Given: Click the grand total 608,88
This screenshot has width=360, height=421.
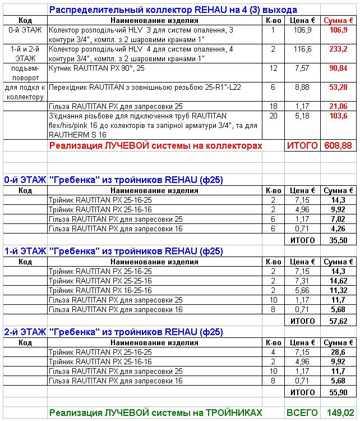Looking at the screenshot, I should point(338,145).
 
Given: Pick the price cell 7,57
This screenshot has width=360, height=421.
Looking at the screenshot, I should point(301,68).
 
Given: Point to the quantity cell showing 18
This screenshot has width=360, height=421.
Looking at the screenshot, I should point(273,106).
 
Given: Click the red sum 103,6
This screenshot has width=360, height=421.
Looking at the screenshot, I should point(338,116).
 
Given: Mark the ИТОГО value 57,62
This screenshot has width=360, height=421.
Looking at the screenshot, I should point(338,321).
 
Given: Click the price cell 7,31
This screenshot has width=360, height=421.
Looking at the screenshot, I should point(301,280).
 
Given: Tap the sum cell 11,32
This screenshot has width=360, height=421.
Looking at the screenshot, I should point(338,290).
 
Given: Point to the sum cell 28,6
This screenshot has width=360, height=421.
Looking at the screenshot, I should point(338,352).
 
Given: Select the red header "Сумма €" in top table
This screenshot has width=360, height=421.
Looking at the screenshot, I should point(338,20).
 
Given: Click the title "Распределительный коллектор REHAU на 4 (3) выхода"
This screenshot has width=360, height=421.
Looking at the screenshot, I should point(173,10).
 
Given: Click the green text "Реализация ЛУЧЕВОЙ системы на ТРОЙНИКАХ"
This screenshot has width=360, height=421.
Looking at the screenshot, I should point(155,413).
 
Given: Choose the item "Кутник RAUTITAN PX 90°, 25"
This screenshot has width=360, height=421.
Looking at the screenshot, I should point(96,68).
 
